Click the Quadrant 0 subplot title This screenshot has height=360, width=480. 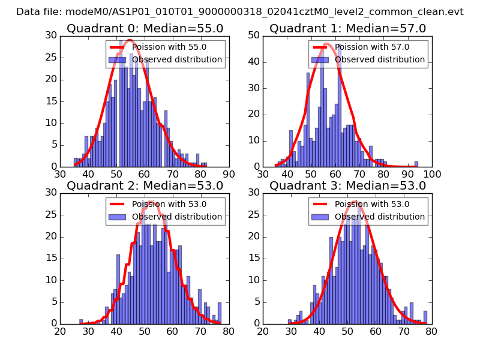[x=145, y=28]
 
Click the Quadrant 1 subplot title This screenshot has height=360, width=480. [x=347, y=28]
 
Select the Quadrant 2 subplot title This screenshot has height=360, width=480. [x=145, y=185]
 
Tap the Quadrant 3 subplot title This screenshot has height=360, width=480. [x=347, y=185]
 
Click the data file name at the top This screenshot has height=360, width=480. [x=240, y=11]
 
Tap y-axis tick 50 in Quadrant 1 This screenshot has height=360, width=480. [x=254, y=35]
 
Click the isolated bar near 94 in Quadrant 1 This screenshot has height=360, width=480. [x=416, y=164]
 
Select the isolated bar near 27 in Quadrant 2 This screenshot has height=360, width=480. [x=81, y=322]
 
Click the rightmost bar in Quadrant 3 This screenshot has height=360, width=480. [x=425, y=317]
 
